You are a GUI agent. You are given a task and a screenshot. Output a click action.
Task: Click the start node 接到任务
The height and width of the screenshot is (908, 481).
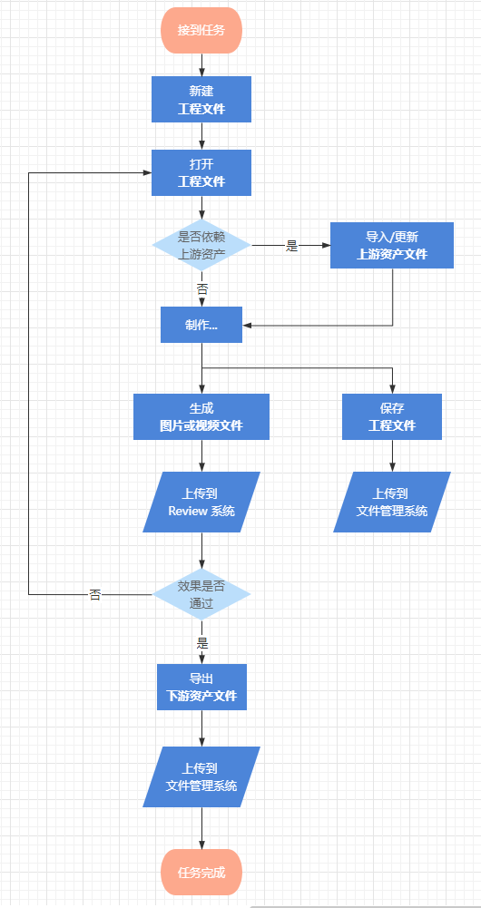201,30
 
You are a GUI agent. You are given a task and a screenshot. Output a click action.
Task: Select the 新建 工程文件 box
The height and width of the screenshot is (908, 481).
201,99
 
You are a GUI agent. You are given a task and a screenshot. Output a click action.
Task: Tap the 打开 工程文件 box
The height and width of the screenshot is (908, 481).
201,172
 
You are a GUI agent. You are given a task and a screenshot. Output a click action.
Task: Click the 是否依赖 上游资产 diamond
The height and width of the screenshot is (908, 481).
201,245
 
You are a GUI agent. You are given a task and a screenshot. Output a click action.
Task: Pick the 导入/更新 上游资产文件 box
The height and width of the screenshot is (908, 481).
392,245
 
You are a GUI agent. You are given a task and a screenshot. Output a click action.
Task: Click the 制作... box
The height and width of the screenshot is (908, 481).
201,325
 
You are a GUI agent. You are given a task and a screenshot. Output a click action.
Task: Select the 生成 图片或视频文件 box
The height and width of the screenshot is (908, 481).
201,417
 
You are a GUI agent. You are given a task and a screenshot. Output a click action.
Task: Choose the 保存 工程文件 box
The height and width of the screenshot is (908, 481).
392,417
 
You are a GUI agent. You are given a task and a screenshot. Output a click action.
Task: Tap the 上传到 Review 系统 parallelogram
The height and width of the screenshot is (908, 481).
201,502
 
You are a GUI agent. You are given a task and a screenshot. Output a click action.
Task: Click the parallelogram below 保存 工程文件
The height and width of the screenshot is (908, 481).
392,502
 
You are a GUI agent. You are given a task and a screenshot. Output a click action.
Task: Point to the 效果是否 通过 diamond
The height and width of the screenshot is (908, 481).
201,594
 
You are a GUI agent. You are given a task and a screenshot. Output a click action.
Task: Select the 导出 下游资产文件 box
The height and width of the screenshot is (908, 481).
201,687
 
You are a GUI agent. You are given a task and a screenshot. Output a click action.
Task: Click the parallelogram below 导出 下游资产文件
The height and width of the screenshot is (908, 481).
201,776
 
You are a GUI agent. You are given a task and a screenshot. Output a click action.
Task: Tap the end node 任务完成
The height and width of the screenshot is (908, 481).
201,872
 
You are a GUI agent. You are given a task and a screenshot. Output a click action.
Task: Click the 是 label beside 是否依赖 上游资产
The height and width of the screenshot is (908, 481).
291,246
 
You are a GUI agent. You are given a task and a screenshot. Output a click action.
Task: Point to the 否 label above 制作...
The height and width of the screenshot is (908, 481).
201,289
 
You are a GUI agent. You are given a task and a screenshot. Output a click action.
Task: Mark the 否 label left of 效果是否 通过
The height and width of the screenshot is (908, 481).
94,595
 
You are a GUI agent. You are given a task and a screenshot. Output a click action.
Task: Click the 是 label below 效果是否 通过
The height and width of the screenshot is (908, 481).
202,643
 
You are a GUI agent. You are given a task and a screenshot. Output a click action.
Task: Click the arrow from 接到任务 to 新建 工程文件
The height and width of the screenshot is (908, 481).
201,65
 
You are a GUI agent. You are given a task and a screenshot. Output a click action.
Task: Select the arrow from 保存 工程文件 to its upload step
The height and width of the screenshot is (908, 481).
392,455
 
